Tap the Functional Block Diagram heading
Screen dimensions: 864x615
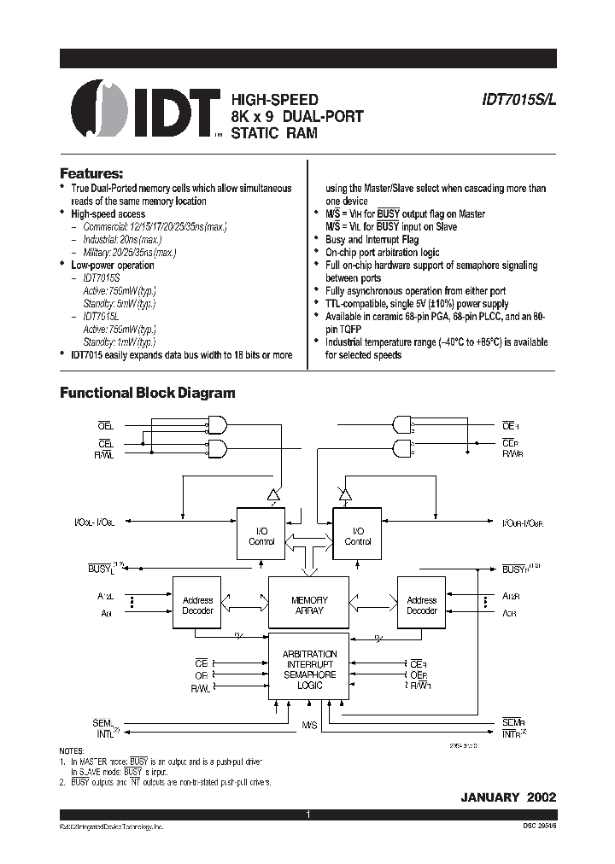point(147,393)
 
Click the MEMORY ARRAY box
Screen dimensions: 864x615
point(309,605)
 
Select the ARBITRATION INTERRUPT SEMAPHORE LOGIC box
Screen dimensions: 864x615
point(309,668)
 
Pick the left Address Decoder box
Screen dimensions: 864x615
point(197,605)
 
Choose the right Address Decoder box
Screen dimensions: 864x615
point(421,605)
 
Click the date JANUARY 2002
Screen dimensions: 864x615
point(508,797)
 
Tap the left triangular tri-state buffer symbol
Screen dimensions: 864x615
point(273,493)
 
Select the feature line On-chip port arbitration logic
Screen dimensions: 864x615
point(382,253)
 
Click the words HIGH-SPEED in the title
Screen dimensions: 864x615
point(269,99)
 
